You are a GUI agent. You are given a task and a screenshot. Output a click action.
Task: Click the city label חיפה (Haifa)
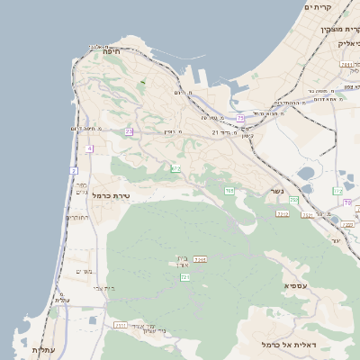(x=112, y=52)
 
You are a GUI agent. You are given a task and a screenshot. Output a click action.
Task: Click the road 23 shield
(x=129, y=131)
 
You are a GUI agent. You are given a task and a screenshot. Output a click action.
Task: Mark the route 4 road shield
(x=90, y=148)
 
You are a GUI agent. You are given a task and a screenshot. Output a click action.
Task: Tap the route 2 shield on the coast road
(x=74, y=170)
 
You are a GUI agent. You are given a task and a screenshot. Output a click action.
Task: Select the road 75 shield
(x=240, y=118)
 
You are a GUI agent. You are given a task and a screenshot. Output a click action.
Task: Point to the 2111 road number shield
(x=120, y=325)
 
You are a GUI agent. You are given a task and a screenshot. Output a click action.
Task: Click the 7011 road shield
(x=282, y=213)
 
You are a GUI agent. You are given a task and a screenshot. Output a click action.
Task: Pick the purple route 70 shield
(x=346, y=202)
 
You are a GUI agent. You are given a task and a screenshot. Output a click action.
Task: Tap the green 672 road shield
(x=175, y=168)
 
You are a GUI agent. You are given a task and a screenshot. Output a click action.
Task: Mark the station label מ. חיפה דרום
(x=90, y=128)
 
